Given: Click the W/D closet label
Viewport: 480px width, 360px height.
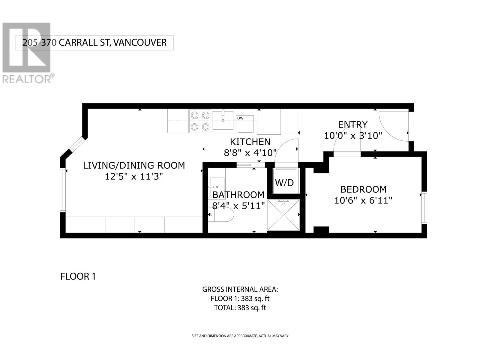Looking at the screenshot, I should tap(284, 183).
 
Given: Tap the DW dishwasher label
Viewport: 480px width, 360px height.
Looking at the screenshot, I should tap(240, 118).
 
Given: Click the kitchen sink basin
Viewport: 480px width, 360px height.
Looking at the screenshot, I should tap(223, 120).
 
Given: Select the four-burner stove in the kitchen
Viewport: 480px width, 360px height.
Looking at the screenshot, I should tap(200, 121).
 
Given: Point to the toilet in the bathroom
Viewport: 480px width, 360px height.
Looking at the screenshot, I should tap(221, 214).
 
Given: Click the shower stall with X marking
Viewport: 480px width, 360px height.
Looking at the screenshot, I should tap(283, 215).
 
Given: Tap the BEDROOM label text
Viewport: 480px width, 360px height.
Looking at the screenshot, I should tap(363, 189).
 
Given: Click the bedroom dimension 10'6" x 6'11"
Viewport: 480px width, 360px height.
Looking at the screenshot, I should tap(363, 200).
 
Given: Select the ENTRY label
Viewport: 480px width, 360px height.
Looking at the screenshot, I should tap(352, 124).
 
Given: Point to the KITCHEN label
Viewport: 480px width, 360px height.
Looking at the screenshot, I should tap(250, 142).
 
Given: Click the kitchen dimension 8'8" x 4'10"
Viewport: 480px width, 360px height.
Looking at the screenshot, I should tap(250, 153).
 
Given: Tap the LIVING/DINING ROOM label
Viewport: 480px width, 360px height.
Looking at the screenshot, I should tap(134, 165).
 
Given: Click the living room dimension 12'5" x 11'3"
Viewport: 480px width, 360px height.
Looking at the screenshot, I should tap(134, 176).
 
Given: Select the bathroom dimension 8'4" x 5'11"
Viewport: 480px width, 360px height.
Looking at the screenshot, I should tap(238, 206).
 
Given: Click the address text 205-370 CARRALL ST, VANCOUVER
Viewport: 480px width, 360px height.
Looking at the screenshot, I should tap(94, 43).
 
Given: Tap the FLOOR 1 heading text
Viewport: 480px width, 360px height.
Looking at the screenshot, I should tap(78, 276).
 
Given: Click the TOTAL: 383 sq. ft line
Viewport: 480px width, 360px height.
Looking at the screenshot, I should tap(240, 307).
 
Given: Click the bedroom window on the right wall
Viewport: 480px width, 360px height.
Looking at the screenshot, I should tap(424, 208).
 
